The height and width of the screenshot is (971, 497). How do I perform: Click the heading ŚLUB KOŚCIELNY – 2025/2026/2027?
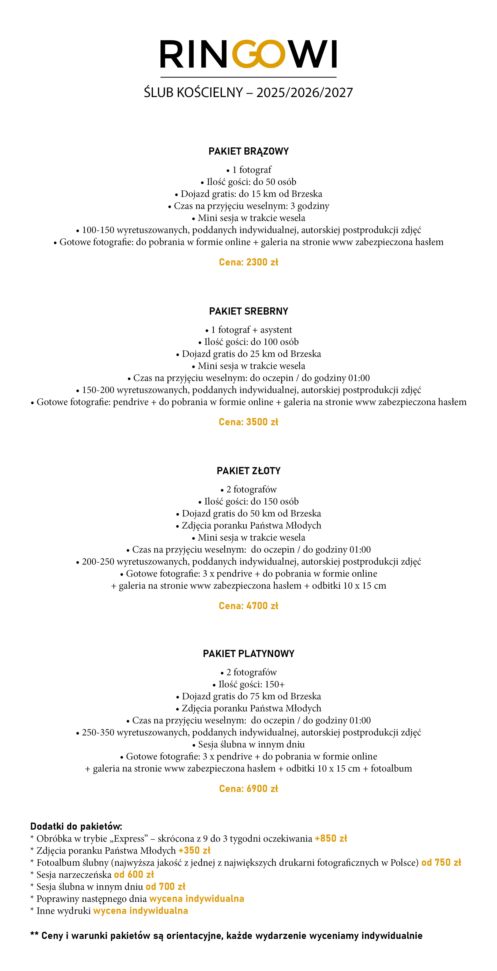click(248, 93)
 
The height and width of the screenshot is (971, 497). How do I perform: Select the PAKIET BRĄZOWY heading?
click(248, 152)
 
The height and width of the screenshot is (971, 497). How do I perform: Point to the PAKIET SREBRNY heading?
click(248, 311)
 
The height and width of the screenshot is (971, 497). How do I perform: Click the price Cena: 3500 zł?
click(248, 422)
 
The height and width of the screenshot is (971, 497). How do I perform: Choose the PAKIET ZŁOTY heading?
click(248, 471)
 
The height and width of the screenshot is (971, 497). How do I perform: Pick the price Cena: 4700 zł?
click(248, 606)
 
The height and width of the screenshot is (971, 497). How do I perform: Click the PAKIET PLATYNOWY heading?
click(248, 654)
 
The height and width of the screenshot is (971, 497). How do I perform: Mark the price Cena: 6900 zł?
click(248, 789)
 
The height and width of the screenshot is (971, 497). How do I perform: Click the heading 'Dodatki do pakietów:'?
click(76, 827)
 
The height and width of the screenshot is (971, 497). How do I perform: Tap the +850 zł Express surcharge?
click(331, 839)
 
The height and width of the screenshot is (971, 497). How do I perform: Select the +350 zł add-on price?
click(194, 851)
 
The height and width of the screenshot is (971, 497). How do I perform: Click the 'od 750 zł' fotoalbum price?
click(441, 863)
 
